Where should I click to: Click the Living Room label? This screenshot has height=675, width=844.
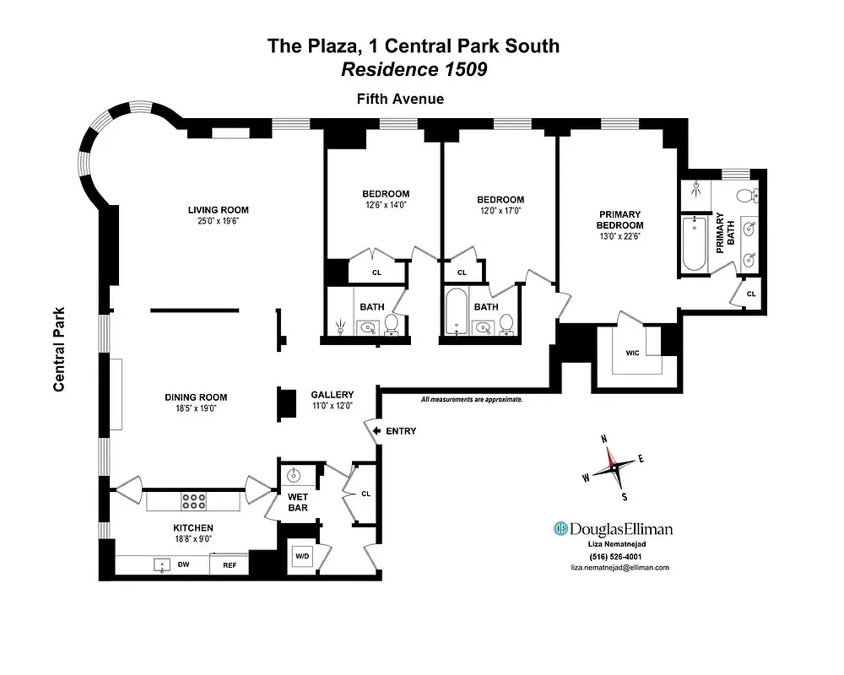pyautogui.click(x=218, y=210)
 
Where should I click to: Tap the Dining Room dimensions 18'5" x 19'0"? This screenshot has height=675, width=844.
pyautogui.click(x=195, y=409)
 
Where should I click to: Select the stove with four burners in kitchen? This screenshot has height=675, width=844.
pyautogui.click(x=194, y=501)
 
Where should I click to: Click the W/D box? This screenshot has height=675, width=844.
pyautogui.click(x=301, y=556)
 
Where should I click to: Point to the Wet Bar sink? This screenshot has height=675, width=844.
pyautogui.click(x=295, y=473)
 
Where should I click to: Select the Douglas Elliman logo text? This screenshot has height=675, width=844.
pyautogui.click(x=613, y=529)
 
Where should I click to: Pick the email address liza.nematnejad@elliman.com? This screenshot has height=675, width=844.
pyautogui.click(x=619, y=568)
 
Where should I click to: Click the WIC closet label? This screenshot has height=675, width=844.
pyautogui.click(x=633, y=354)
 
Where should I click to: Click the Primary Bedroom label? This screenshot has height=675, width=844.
pyautogui.click(x=619, y=219)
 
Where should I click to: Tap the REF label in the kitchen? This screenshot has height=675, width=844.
pyautogui.click(x=229, y=565)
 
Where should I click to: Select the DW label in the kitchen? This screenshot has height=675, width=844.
pyautogui.click(x=182, y=564)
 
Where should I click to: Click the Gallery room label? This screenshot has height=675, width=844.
pyautogui.click(x=332, y=394)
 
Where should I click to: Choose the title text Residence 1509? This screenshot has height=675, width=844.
pyautogui.click(x=414, y=70)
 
